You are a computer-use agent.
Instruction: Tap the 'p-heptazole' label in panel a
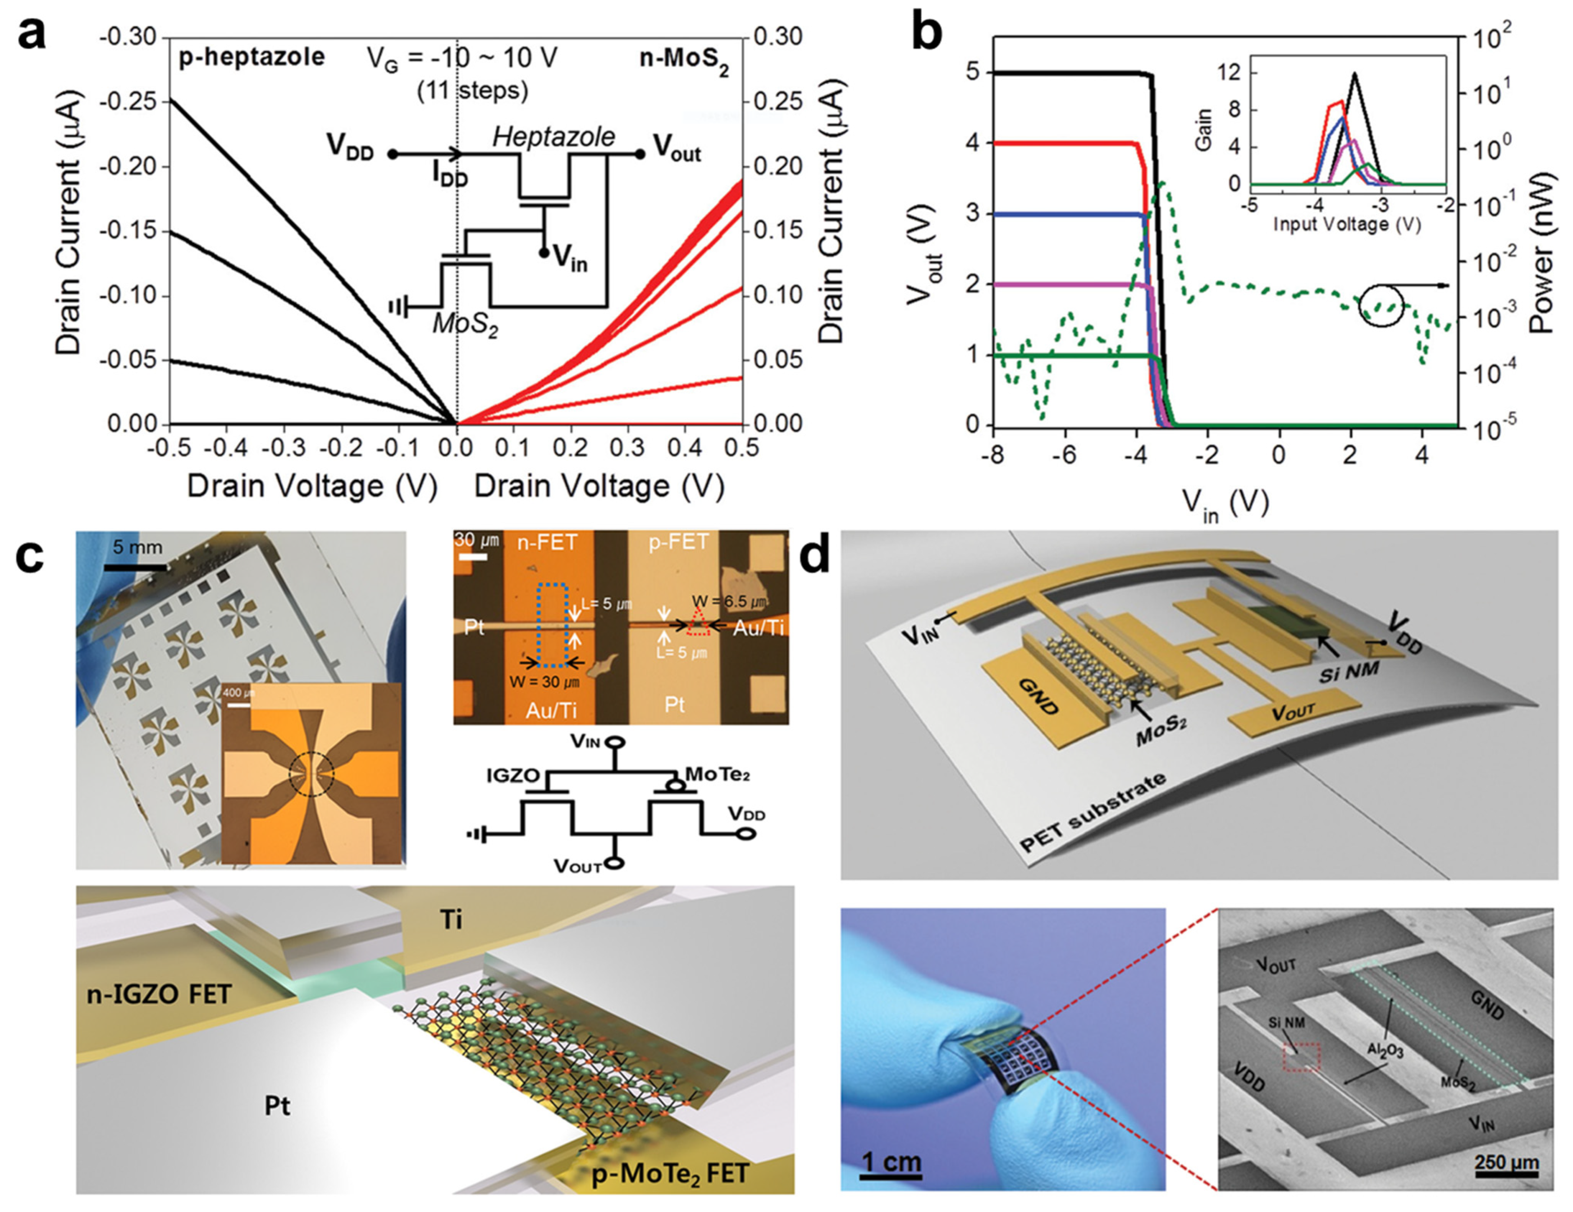point(251,57)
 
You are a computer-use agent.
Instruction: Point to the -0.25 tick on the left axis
point(134,101)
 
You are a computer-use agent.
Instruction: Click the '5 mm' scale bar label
point(137,547)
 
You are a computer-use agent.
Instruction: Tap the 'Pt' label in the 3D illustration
point(277,1106)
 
